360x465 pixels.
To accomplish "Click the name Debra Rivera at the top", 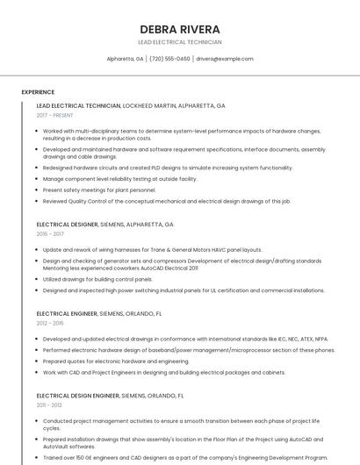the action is [x=179, y=29].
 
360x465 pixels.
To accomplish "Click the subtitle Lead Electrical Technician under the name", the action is [x=179, y=42].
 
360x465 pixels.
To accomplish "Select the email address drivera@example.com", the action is [x=224, y=59].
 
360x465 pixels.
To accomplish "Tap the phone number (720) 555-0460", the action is [x=169, y=59].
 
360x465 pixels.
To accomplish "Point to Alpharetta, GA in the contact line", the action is [x=125, y=59].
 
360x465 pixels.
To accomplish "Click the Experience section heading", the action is [x=38, y=91].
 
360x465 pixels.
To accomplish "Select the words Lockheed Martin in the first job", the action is [x=151, y=105].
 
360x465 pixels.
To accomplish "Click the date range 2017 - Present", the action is [x=54, y=115].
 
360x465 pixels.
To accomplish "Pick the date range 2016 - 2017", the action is [x=51, y=234].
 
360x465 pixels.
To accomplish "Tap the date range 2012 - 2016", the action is [x=51, y=323].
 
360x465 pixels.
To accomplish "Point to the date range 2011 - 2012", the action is [x=50, y=405].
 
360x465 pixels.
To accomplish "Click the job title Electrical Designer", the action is [x=67, y=225].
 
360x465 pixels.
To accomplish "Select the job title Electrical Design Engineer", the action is [x=78, y=396].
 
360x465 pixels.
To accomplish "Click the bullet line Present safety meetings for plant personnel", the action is [x=99, y=190].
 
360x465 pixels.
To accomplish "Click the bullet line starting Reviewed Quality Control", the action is [x=166, y=201].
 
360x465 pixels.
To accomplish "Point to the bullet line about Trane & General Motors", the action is [x=152, y=249].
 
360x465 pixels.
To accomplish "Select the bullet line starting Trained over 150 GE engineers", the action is [x=184, y=457].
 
